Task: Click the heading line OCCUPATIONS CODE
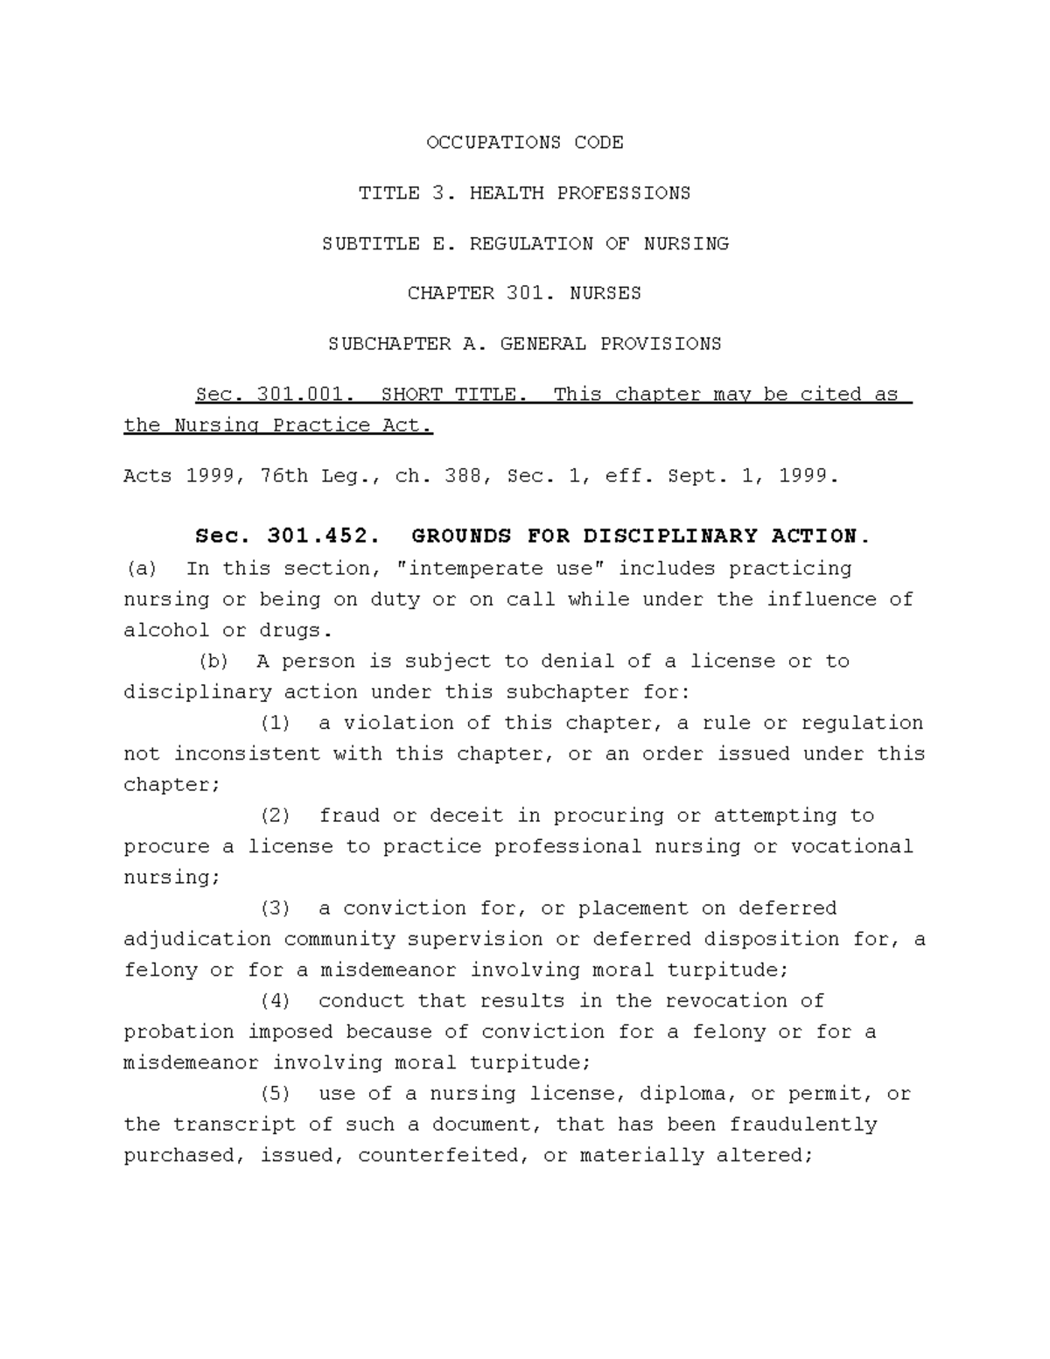(x=525, y=143)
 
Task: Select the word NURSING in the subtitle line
(x=686, y=244)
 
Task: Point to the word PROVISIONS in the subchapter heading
(x=661, y=345)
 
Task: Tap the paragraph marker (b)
(x=214, y=662)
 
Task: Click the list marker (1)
(x=276, y=724)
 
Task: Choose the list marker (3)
(x=276, y=909)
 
